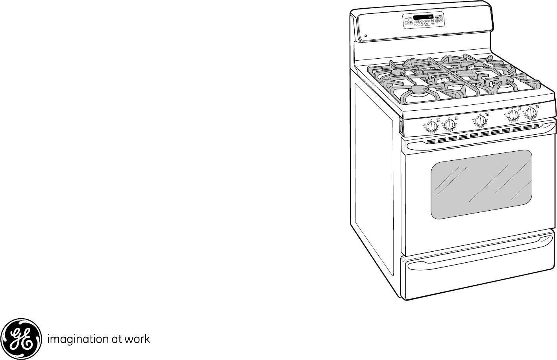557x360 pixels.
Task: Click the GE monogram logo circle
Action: (21, 339)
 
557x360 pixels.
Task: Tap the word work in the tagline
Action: (137, 339)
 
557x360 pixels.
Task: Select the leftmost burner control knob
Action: (432, 127)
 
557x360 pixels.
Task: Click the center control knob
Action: (480, 121)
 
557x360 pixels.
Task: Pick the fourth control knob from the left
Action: (513, 115)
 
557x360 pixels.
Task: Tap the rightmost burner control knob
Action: (531, 113)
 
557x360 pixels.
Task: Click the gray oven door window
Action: (481, 184)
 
